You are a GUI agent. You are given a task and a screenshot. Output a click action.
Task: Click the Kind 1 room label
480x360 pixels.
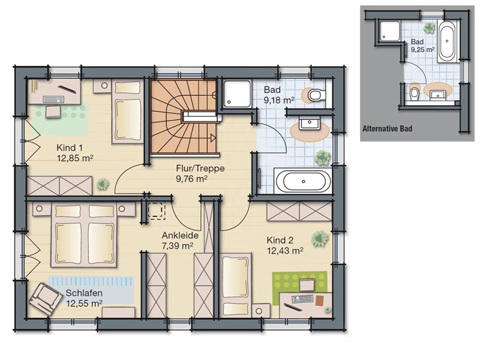(x=70, y=148)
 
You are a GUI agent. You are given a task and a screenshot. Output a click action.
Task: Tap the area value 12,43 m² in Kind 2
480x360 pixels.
(x=285, y=251)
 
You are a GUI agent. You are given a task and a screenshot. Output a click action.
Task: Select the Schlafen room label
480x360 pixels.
(x=84, y=293)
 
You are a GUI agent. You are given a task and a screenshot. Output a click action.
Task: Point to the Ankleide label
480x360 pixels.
(x=180, y=235)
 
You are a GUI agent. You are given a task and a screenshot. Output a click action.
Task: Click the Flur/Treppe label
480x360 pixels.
(x=200, y=169)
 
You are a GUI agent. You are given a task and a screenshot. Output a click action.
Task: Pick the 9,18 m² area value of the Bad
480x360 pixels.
(x=279, y=100)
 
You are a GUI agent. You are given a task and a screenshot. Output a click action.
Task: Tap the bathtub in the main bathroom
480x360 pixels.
(x=303, y=181)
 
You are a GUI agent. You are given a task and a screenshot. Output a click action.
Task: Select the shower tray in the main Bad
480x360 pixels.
(x=237, y=94)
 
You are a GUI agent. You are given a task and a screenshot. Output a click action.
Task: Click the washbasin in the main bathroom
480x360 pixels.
(x=310, y=124)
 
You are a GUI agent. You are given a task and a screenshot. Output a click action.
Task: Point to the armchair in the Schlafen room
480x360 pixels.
(x=43, y=299)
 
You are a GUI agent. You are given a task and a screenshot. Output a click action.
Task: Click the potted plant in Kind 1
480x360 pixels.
(x=103, y=184)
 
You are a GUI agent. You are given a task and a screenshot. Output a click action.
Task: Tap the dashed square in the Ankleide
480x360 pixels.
(x=157, y=211)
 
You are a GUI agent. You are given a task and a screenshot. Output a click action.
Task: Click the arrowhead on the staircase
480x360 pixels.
(x=213, y=138)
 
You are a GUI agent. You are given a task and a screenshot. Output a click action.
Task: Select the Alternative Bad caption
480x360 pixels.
(x=387, y=128)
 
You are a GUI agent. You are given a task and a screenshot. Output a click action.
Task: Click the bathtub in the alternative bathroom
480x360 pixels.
(x=447, y=41)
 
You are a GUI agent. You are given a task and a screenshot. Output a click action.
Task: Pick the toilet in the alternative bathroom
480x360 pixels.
(x=415, y=92)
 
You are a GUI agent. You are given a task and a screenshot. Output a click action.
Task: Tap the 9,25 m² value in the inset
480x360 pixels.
(x=423, y=50)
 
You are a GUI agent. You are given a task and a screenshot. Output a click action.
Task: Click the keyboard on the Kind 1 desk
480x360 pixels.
(x=53, y=99)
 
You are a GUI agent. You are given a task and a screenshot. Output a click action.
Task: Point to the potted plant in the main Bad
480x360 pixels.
(x=323, y=158)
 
